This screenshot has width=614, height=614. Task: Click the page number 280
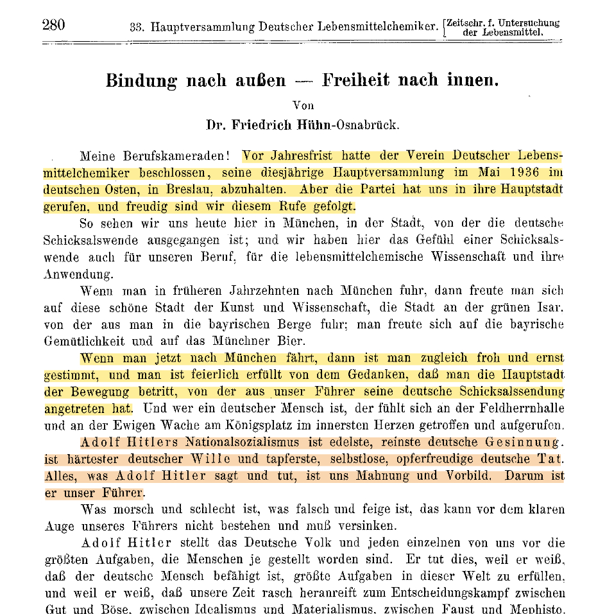pos(53,25)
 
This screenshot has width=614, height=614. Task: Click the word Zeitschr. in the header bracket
pos(470,23)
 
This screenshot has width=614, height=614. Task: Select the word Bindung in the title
pos(141,80)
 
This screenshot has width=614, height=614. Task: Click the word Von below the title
pos(303,105)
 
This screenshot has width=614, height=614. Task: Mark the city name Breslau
pos(189,190)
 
